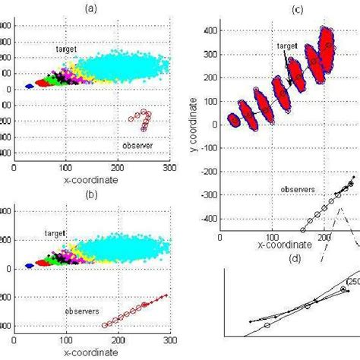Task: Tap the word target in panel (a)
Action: pos(66,48)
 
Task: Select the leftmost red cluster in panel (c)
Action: pos(234,119)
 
